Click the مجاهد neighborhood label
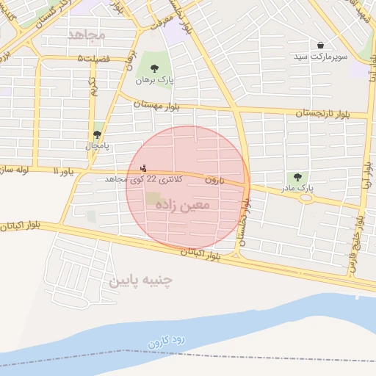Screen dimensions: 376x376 point(87,35)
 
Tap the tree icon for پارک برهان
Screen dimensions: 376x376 point(153,68)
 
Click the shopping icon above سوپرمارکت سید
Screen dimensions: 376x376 point(321,45)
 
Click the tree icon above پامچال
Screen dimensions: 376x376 point(97,134)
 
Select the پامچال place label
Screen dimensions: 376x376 point(96,146)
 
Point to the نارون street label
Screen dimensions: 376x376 point(213,179)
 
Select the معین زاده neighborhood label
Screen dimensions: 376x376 point(183,205)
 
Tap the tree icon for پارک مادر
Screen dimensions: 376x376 point(297,177)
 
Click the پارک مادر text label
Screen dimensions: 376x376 point(297,189)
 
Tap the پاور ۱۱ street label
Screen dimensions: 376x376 point(64,171)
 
